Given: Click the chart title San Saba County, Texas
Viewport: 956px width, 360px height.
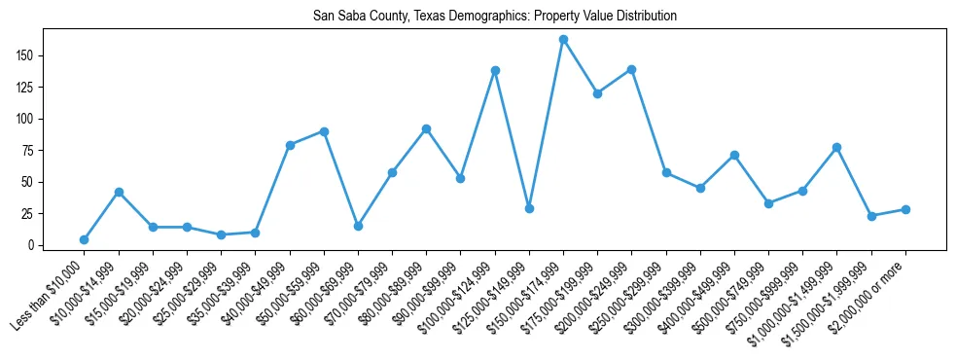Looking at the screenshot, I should tap(495, 17).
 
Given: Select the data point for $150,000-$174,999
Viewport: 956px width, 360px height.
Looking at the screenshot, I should tap(563, 40).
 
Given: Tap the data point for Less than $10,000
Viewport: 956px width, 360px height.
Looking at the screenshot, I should tap(85, 239).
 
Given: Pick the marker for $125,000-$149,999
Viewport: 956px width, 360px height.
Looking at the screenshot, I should tap(529, 208).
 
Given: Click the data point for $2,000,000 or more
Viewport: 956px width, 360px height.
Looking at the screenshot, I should tap(905, 209).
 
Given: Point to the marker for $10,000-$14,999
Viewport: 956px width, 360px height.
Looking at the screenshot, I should tap(119, 192).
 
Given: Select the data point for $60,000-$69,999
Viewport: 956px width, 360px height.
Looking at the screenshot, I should tap(358, 226).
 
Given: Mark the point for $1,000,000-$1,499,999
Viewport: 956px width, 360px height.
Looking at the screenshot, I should tap(836, 147).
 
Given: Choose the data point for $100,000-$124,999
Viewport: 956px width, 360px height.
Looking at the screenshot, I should tap(495, 70).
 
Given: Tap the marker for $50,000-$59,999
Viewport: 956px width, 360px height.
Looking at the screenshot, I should tap(324, 131).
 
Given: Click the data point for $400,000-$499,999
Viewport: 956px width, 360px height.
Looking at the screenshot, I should tap(734, 155).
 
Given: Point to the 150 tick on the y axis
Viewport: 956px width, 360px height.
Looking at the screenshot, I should tap(35, 55).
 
